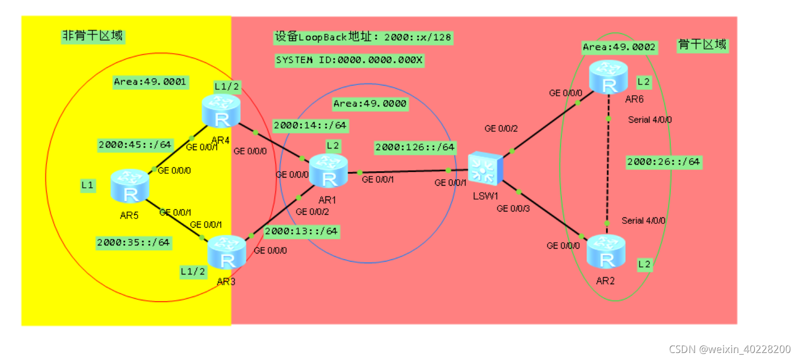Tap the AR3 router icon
click(x=227, y=252)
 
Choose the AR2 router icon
click(x=606, y=252)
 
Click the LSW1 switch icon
click(x=485, y=168)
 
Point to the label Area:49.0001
click(x=150, y=82)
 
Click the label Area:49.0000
click(x=370, y=103)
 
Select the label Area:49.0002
click(x=619, y=47)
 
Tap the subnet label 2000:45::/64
click(x=135, y=144)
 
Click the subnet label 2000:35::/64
click(x=133, y=242)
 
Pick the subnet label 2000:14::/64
click(x=310, y=125)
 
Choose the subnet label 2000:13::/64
click(x=301, y=231)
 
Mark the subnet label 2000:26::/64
click(x=664, y=161)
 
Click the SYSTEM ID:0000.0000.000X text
click(x=349, y=60)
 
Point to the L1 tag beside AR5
click(x=88, y=186)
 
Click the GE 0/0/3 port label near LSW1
click(x=513, y=208)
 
